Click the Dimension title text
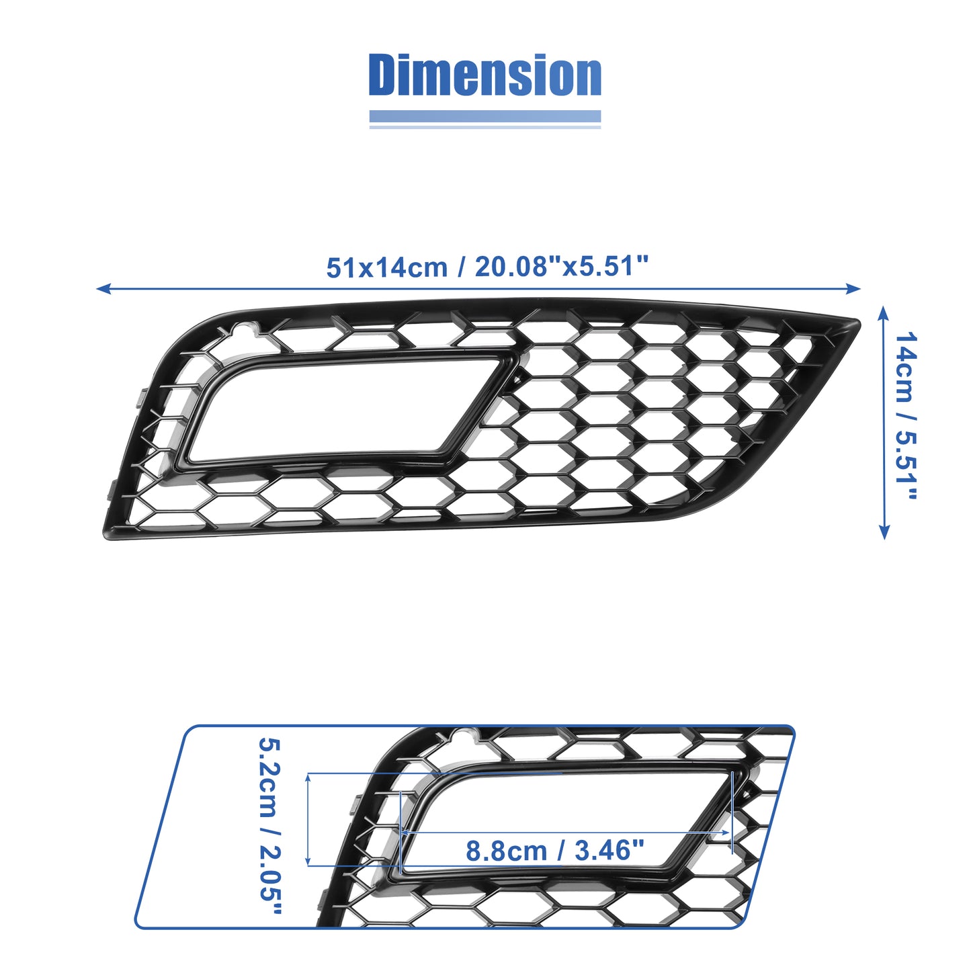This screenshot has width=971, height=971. coord(484,75)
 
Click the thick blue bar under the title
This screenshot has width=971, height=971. coord(484,116)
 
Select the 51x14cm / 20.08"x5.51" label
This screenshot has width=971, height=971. coord(487,267)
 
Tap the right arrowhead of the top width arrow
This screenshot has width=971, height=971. coord(853,288)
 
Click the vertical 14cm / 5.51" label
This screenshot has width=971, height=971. coord(905,416)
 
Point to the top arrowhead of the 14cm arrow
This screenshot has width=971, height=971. coord(883,313)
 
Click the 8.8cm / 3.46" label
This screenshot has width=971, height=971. coord(555,851)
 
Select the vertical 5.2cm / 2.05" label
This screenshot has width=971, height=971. coord(270,830)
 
